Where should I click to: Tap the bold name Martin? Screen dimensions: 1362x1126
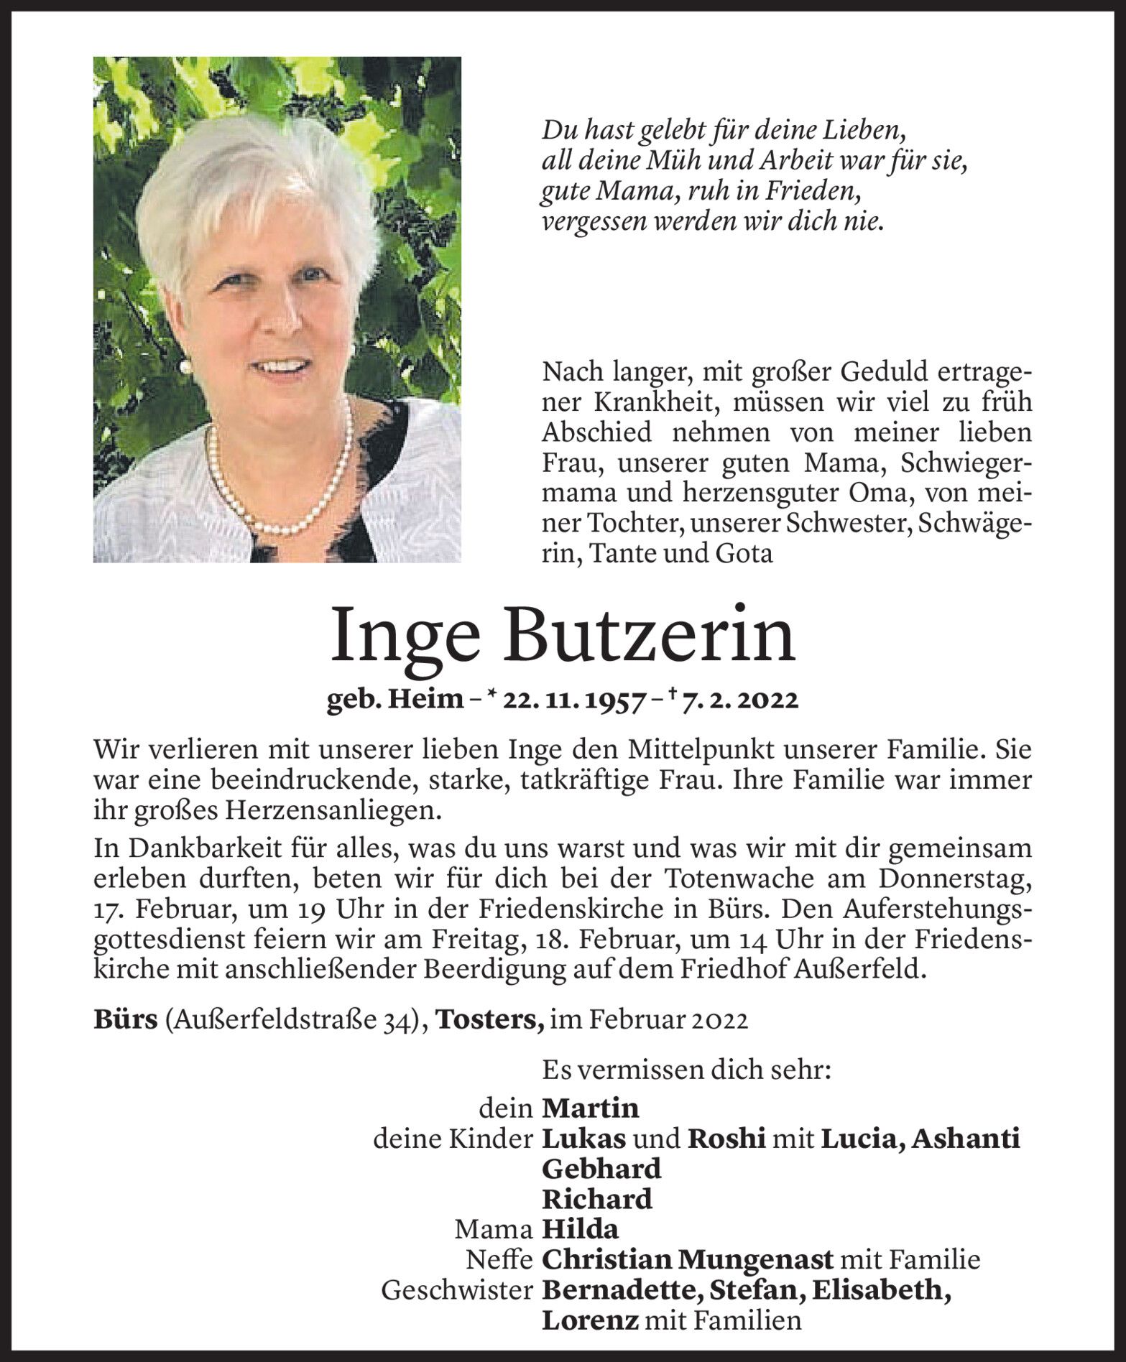pos(590,1108)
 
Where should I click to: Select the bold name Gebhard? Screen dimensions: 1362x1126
pos(601,1169)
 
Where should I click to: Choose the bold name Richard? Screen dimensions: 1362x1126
pos(596,1200)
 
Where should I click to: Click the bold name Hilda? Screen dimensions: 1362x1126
pos(580,1231)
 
